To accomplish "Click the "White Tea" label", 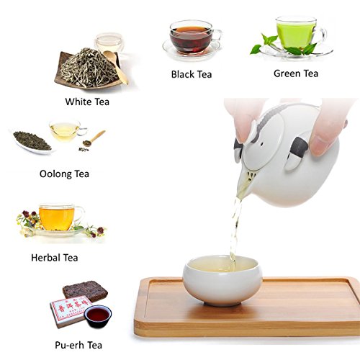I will click(87, 102).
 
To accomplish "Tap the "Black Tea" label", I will click(192, 73).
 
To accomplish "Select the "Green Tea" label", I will click(297, 73).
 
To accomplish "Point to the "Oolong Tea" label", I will click(65, 173).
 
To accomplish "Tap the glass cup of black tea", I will click(190, 36).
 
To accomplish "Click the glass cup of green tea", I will click(295, 32).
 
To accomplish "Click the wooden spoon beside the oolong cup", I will click(93, 139).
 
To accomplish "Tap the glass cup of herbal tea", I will click(58, 216).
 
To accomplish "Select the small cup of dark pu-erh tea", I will click(98, 315).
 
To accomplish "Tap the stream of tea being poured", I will click(235, 223).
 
